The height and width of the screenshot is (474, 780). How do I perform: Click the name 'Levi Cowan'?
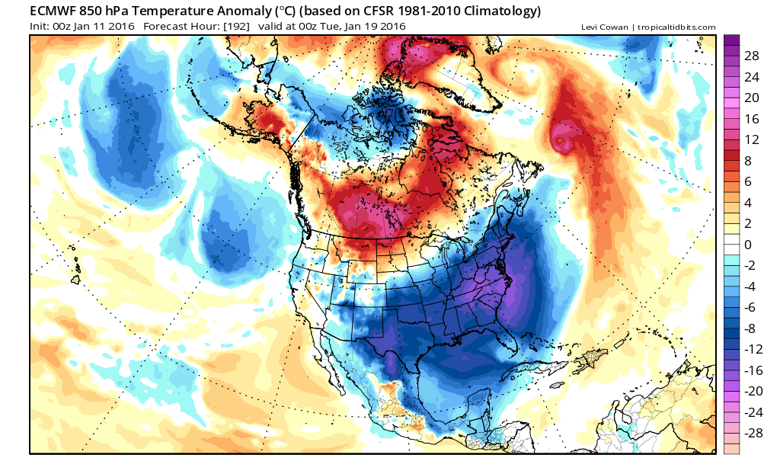(x=603, y=27)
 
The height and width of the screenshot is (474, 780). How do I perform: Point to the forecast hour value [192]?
(x=235, y=27)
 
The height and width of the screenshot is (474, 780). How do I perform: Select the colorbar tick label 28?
(x=752, y=57)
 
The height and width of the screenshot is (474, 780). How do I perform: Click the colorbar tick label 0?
(x=748, y=245)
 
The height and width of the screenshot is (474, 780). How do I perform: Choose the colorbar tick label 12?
(x=752, y=139)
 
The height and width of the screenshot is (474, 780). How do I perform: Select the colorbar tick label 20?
(x=752, y=98)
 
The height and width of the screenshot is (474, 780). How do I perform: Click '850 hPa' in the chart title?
(x=117, y=11)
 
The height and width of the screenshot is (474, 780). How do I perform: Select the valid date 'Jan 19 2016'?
(x=373, y=27)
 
